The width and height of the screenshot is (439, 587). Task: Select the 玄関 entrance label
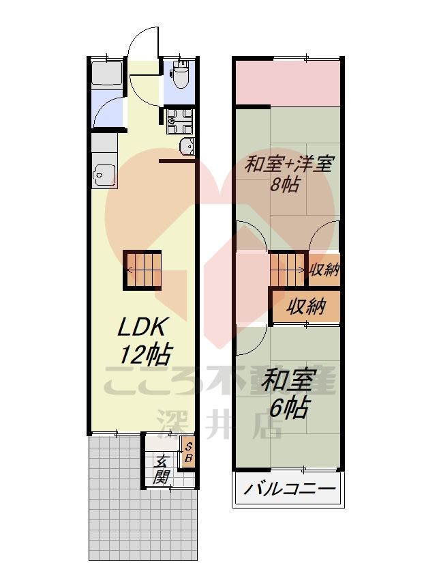pyautogui.click(x=161, y=469)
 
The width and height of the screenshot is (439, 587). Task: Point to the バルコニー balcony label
pyautogui.click(x=289, y=489)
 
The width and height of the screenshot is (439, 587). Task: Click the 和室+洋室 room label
pyautogui.click(x=289, y=164)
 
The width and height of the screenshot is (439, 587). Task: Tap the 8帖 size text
pyautogui.click(x=284, y=185)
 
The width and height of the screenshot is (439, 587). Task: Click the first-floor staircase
pyautogui.click(x=143, y=270)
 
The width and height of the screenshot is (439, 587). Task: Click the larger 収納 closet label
pyautogui.click(x=305, y=306)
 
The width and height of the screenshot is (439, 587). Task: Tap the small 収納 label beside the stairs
pyautogui.click(x=324, y=269)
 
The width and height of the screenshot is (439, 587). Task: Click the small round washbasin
pyautogui.click(x=186, y=145)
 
